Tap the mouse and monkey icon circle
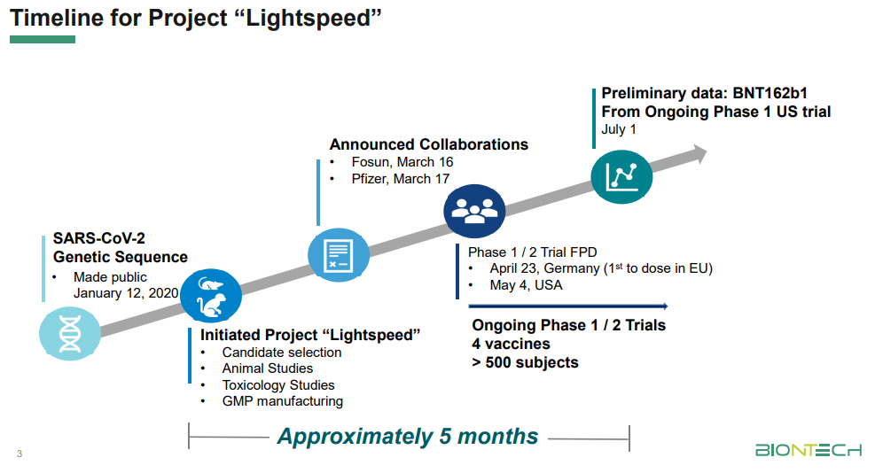click(211, 296)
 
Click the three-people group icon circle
click(474, 211)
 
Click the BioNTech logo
click(808, 450)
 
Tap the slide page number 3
click(19, 454)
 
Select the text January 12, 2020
click(124, 293)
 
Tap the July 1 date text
click(619, 129)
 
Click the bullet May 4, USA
click(526, 285)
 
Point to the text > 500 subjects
click(525, 362)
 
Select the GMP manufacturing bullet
click(282, 401)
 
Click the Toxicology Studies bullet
click(278, 385)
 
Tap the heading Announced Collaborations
click(428, 144)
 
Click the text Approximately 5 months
click(408, 437)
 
